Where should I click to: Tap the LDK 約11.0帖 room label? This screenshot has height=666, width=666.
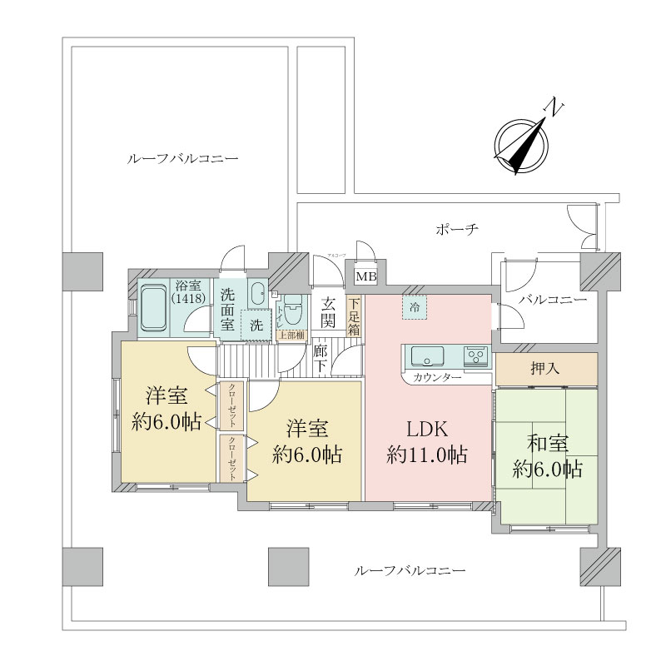[427, 442]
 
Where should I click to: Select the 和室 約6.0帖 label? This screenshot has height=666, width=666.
[547, 456]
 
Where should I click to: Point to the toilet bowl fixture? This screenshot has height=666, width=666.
[291, 309]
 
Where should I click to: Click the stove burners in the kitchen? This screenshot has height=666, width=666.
[477, 357]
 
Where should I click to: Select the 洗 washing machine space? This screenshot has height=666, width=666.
[256, 324]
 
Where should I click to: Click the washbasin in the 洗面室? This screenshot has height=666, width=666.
[257, 293]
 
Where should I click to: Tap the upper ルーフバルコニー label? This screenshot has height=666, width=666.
[182, 158]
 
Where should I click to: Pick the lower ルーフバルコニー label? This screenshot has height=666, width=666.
[409, 571]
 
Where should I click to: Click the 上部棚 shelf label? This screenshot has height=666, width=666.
[291, 335]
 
